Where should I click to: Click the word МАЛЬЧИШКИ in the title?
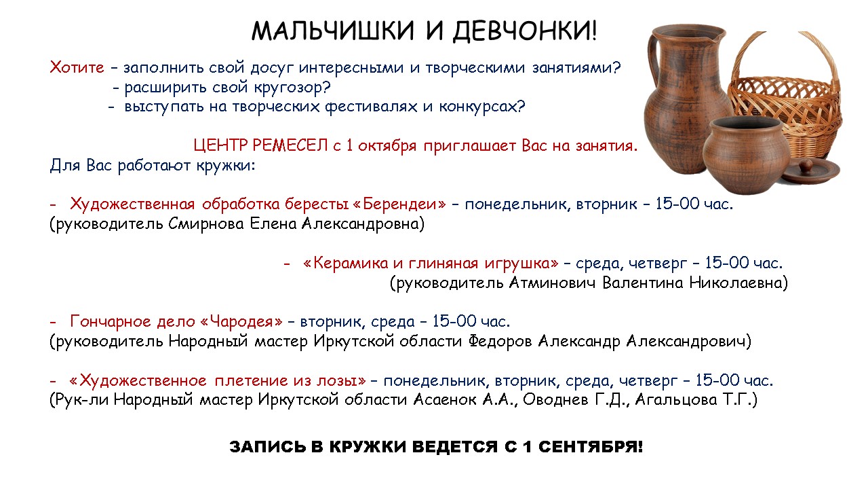pos(333,31)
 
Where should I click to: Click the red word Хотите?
pos(77,67)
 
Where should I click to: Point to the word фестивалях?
pos(371,107)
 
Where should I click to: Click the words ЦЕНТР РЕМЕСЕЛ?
pos(260,145)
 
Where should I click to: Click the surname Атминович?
pos(552,283)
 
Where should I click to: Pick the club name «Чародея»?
pos(242,321)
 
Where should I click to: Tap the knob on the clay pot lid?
pos(807,165)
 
